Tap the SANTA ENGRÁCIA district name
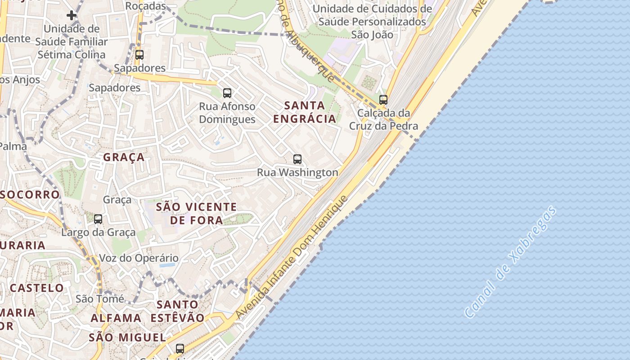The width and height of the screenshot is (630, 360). pyautogui.click(x=305, y=112)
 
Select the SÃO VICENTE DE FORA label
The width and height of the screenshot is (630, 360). pyautogui.click(x=196, y=213)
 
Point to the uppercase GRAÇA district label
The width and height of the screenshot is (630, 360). pyautogui.click(x=124, y=157)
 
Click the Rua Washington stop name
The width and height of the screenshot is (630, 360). pyautogui.click(x=297, y=172)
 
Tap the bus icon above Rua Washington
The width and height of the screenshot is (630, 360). pyautogui.click(x=297, y=159)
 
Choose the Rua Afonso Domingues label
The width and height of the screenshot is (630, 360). pyautogui.click(x=227, y=113)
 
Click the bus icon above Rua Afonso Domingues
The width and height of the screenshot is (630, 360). pyautogui.click(x=227, y=93)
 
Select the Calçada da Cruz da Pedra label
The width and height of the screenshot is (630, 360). pyautogui.click(x=383, y=119)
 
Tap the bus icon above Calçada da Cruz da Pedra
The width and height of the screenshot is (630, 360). pyautogui.click(x=383, y=99)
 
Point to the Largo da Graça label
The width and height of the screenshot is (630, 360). pyautogui.click(x=98, y=232)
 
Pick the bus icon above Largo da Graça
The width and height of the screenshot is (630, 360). pyautogui.click(x=98, y=219)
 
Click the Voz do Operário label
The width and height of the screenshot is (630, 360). pyautogui.click(x=139, y=258)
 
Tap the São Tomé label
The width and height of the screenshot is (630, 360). pyautogui.click(x=99, y=299)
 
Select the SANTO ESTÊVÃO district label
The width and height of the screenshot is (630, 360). pyautogui.click(x=177, y=311)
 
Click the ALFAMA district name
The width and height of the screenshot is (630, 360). pyautogui.click(x=116, y=318)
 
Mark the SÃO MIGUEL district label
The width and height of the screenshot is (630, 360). pyautogui.click(x=127, y=337)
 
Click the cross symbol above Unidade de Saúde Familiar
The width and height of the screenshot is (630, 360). pyautogui.click(x=71, y=16)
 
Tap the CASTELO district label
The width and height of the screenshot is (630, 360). pyautogui.click(x=37, y=288)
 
